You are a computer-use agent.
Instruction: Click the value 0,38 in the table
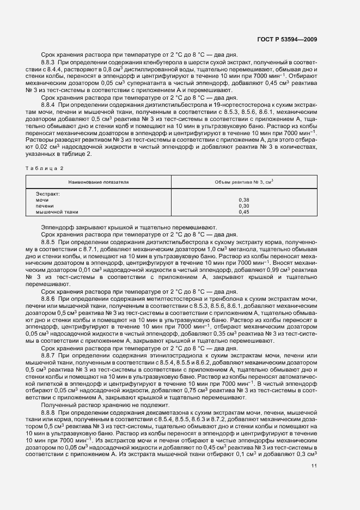(x=244, y=200)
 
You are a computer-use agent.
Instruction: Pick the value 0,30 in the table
(x=244, y=206)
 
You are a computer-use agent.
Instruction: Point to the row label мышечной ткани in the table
(x=57, y=212)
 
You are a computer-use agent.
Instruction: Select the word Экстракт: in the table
(x=47, y=194)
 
